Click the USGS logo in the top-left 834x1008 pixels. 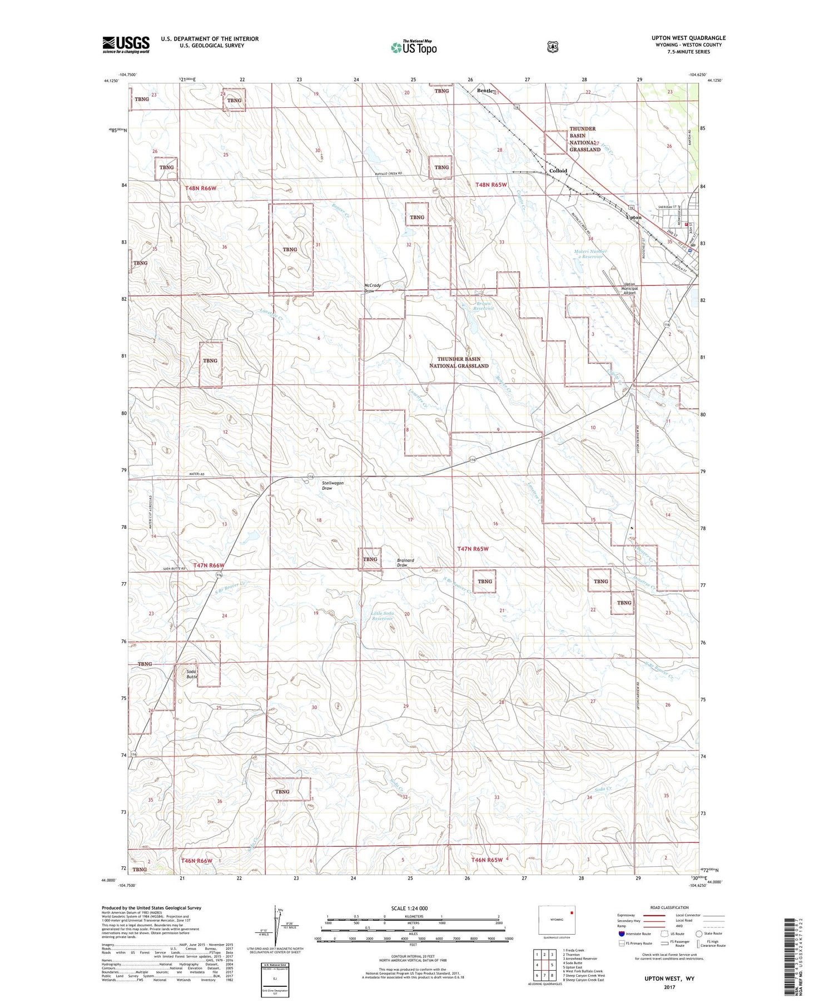coord(126,44)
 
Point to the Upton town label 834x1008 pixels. coord(633,217)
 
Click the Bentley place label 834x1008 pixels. coord(486,91)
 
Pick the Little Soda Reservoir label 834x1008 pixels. coord(383,615)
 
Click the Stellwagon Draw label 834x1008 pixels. coord(332,485)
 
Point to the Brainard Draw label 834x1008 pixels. coord(406,563)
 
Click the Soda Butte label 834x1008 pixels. coord(191,674)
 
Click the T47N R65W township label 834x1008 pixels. coord(473,549)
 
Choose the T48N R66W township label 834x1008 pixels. coord(200,188)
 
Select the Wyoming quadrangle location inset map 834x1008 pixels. coord(557,921)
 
